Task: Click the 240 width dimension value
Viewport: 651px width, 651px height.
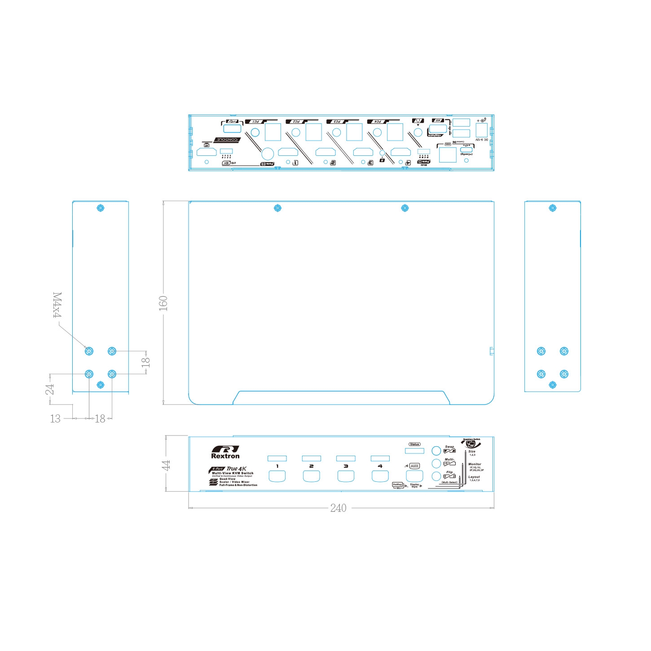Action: pos(338,508)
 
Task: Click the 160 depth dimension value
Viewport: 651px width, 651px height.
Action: pos(163,303)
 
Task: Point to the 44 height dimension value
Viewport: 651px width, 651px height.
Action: pos(167,465)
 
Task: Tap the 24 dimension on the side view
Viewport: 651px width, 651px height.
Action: pos(50,389)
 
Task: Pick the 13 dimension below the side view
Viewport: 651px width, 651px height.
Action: pos(55,418)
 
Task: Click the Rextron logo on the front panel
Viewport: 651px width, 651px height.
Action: pos(225,452)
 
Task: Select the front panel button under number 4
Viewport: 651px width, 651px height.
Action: pos(380,476)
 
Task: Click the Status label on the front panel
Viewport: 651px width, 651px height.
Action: pos(414,444)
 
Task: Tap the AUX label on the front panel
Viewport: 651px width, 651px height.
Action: pos(414,466)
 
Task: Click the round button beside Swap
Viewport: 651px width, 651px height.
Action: pos(436,450)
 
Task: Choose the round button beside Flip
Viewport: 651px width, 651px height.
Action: pos(436,476)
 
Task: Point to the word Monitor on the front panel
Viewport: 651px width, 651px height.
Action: pos(475,464)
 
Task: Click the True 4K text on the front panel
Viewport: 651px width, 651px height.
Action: pos(237,469)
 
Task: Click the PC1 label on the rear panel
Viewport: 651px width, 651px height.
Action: pos(255,122)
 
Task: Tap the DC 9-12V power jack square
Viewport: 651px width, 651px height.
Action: pos(481,130)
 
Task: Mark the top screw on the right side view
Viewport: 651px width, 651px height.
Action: pos(553,208)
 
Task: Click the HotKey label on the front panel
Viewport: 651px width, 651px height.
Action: pos(397,484)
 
